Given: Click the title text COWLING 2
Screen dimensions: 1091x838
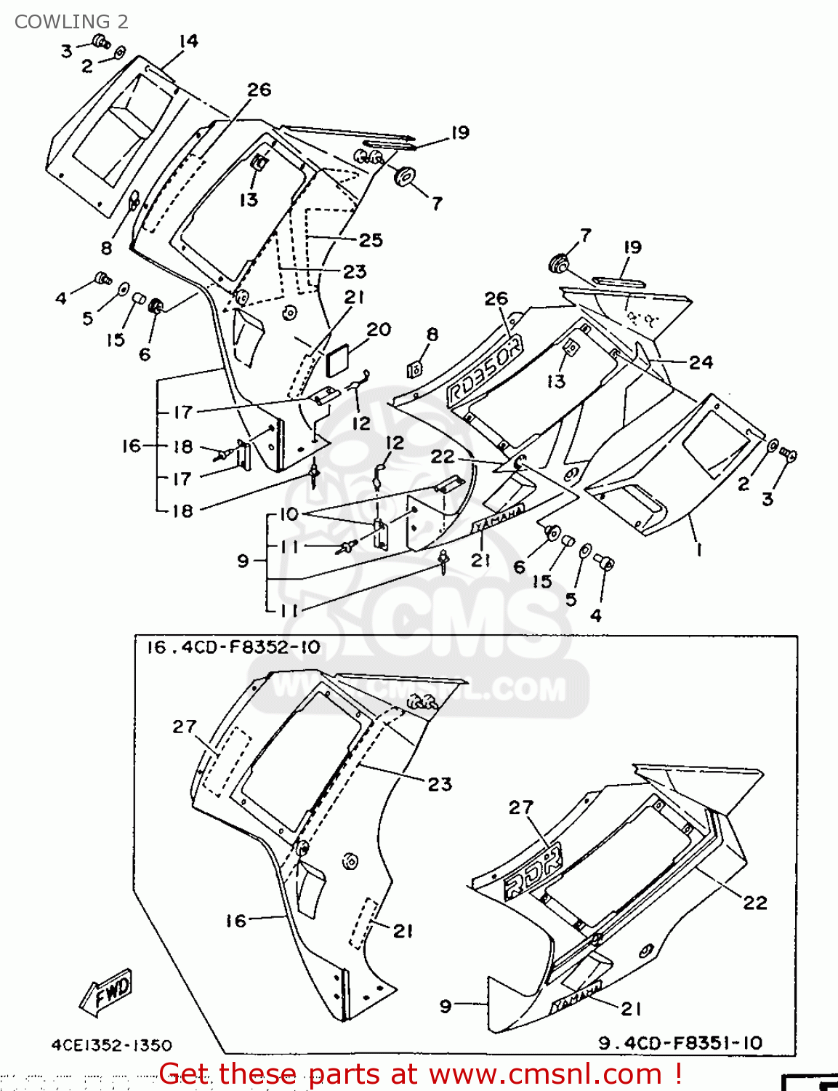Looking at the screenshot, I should point(71,22).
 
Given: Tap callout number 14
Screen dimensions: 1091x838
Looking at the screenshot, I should point(188,41).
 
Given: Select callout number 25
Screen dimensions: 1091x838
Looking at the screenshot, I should point(371,240).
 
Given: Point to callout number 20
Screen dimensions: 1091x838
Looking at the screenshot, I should point(379,329).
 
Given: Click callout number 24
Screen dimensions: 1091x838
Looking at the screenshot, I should point(701,361).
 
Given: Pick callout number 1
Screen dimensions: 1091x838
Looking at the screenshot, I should point(699,550).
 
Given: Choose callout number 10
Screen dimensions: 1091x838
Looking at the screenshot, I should point(289,514).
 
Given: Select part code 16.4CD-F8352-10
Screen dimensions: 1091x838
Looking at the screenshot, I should point(233,647).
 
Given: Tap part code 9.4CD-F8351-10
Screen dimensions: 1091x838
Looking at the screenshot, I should point(680,1043).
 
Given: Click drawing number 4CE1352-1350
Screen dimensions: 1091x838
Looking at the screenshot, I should point(111,1045).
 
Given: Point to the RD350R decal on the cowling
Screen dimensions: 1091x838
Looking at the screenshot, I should point(484,372).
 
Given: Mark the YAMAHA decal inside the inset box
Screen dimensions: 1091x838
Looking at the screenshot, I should point(577,996).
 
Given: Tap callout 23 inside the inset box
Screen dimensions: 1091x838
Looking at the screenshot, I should point(440,784).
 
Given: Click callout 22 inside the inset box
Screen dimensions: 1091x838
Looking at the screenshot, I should point(754,903).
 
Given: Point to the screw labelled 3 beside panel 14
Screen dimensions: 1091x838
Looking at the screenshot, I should point(100,41).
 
